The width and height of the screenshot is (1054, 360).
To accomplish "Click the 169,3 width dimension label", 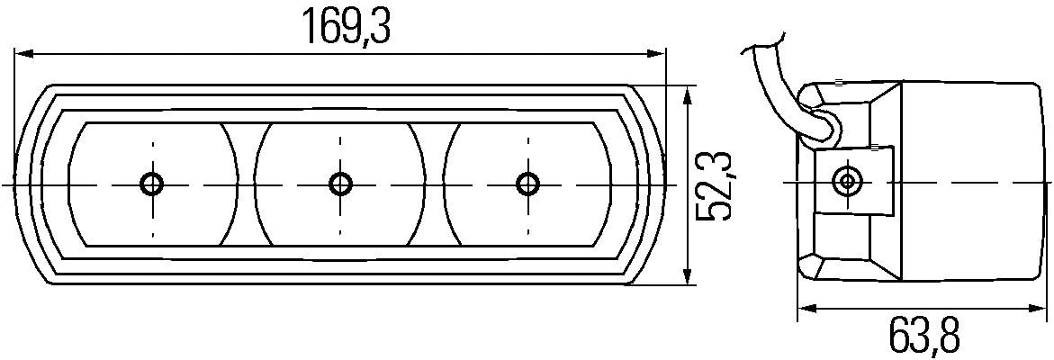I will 346,28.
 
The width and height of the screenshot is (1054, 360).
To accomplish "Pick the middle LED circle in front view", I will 340,184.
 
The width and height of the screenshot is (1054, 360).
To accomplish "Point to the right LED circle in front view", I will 527,184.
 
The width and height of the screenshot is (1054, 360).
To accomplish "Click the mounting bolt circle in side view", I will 846,181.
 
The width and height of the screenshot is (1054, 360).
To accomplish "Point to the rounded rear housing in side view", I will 972,180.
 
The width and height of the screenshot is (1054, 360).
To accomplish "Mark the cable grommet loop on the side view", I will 823,126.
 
